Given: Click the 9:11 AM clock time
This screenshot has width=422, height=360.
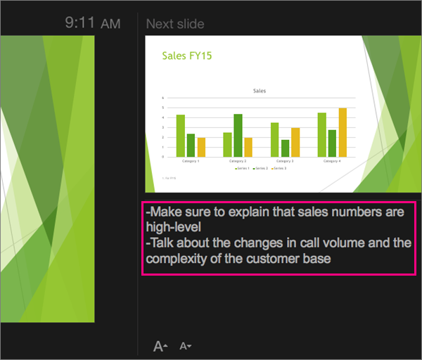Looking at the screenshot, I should click(x=92, y=23).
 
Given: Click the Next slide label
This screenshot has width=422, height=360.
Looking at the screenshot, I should click(x=175, y=24).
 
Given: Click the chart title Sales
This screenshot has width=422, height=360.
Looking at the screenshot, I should click(x=260, y=91).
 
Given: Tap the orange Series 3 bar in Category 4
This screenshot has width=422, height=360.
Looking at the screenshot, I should click(x=343, y=132).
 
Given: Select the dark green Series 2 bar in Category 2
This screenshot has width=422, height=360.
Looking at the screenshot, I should click(x=238, y=135).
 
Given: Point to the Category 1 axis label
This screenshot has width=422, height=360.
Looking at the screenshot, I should click(x=191, y=162).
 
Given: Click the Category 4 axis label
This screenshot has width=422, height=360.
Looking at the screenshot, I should click(x=332, y=162).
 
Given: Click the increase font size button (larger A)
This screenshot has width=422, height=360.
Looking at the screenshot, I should click(x=160, y=346).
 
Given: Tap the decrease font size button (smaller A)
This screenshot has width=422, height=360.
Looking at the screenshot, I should click(x=185, y=346).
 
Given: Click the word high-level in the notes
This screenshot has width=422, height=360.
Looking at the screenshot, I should click(x=173, y=227).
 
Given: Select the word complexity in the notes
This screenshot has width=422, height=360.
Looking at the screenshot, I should click(x=180, y=258).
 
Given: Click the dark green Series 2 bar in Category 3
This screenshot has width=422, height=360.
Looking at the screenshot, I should click(x=285, y=148).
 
